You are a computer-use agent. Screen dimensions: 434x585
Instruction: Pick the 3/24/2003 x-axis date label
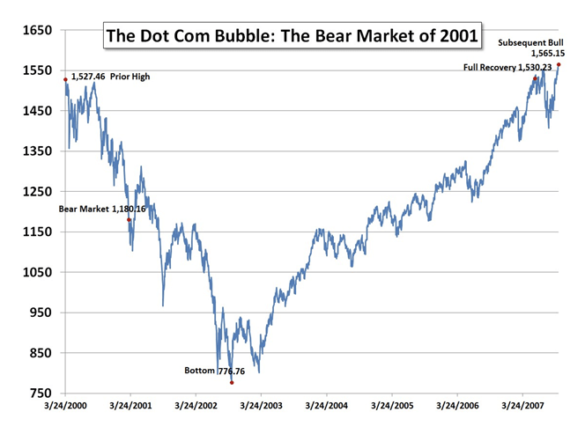tap(262, 408)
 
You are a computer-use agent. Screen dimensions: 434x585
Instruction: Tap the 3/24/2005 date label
tap(392, 408)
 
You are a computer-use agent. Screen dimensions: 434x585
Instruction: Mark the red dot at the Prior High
tap(65, 79)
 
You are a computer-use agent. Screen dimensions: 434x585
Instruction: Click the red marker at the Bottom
tap(232, 382)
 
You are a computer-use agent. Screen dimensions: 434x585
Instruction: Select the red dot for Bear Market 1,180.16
tap(129, 219)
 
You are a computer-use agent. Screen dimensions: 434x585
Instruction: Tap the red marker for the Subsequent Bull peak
tap(558, 64)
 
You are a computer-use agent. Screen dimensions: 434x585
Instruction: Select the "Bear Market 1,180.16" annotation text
tap(102, 209)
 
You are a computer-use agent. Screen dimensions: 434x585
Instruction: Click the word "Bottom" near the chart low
tap(198, 371)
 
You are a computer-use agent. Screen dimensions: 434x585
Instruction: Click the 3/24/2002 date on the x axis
tap(196, 408)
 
